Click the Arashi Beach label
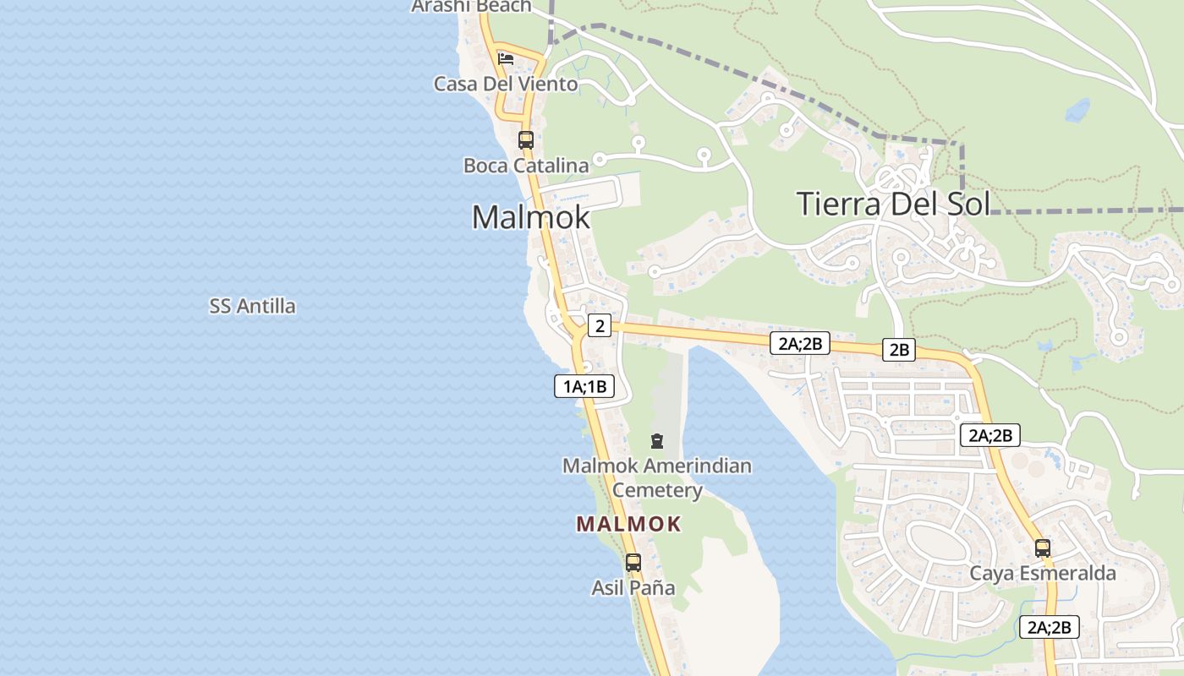pyautogui.click(x=471, y=6)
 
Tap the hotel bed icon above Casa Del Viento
pyautogui.click(x=506, y=58)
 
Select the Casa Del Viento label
pyautogui.click(x=506, y=84)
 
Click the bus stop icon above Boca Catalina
pyautogui.click(x=526, y=139)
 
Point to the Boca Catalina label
pyautogui.click(x=526, y=165)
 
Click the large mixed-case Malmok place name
pyautogui.click(x=530, y=217)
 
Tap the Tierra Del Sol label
pyautogui.click(x=893, y=204)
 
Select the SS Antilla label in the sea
pyautogui.click(x=252, y=306)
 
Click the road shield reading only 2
pyautogui.click(x=600, y=325)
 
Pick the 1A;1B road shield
pyautogui.click(x=584, y=387)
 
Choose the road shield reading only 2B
pyautogui.click(x=899, y=349)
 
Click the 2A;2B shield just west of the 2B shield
pyautogui.click(x=800, y=343)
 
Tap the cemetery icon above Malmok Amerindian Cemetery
pyautogui.click(x=656, y=440)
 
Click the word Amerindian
pyautogui.click(x=696, y=466)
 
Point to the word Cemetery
pyautogui.click(x=657, y=490)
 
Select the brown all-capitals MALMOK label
pyautogui.click(x=628, y=524)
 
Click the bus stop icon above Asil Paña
pyautogui.click(x=633, y=562)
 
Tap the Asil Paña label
pyautogui.click(x=633, y=587)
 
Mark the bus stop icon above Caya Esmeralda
pyautogui.click(x=1043, y=548)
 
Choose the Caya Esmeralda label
pyautogui.click(x=1043, y=574)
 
